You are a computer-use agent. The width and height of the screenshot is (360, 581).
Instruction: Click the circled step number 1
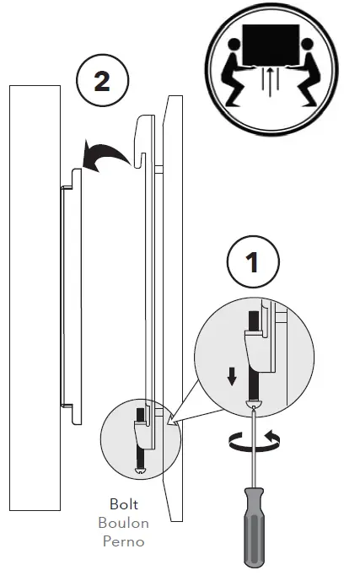pyautogui.click(x=251, y=263)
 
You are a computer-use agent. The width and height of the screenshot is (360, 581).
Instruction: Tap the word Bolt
pyautogui.click(x=124, y=508)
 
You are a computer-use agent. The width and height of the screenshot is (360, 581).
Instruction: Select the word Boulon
pyautogui.click(x=124, y=523)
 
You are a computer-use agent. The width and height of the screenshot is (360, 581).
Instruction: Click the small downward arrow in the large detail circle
pyautogui.click(x=230, y=374)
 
